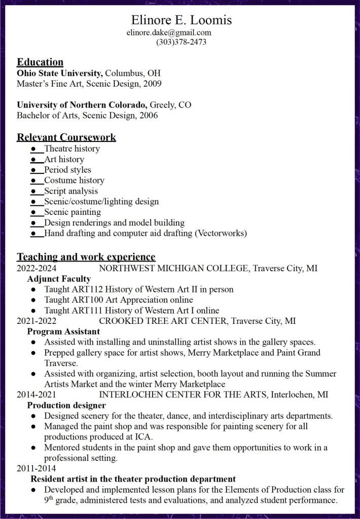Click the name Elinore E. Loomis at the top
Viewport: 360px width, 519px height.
pos(182,20)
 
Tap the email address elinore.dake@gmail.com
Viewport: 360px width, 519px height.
pos(169,33)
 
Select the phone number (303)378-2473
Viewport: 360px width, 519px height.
pos(181,42)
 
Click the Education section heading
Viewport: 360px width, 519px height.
pos(40,62)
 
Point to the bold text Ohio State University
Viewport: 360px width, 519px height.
pos(60,72)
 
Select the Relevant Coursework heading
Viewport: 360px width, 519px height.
pos(66,137)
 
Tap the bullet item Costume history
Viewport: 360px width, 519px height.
pos(74,180)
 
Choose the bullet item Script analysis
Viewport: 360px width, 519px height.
pos(71,191)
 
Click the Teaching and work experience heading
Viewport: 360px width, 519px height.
pos(86,256)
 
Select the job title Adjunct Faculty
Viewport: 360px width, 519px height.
pos(59,279)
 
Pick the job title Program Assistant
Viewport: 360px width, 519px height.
pos(63,331)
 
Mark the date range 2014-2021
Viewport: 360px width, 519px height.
pos(37,394)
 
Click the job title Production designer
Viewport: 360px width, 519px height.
pos(66,405)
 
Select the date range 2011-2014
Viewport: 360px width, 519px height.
pos(37,468)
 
